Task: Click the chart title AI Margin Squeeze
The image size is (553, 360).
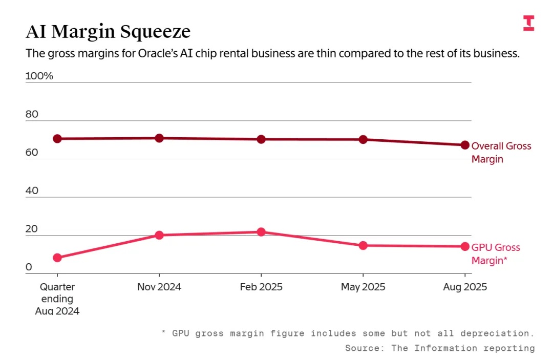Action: [x=108, y=32]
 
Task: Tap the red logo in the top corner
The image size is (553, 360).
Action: [x=528, y=23]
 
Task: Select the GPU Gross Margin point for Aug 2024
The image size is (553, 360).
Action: [x=57, y=258]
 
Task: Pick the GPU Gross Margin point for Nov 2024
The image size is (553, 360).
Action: [x=159, y=235]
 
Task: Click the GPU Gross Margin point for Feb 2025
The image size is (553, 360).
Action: [x=261, y=232]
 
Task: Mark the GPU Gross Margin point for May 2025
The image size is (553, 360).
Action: [x=363, y=245]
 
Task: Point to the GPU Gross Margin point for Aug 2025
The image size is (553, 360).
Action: [x=465, y=246]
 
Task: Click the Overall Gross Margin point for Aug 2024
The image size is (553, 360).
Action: [x=57, y=139]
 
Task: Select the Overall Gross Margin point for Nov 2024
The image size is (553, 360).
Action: [x=159, y=138]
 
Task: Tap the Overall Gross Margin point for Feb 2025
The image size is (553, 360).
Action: [x=261, y=139]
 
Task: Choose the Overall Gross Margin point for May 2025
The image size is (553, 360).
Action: [x=363, y=139]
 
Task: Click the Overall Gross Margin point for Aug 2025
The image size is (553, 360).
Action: [x=465, y=145]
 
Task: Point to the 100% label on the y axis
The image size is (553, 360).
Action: [x=39, y=76]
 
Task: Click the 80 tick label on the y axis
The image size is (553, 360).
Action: [x=32, y=114]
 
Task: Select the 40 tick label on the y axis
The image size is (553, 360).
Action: [x=32, y=191]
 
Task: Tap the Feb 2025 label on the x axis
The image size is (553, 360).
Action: [x=261, y=287]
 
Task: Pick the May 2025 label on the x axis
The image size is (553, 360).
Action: [x=363, y=287]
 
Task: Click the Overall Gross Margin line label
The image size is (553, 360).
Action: [x=501, y=153]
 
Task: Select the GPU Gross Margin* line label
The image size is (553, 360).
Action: [x=495, y=254]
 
